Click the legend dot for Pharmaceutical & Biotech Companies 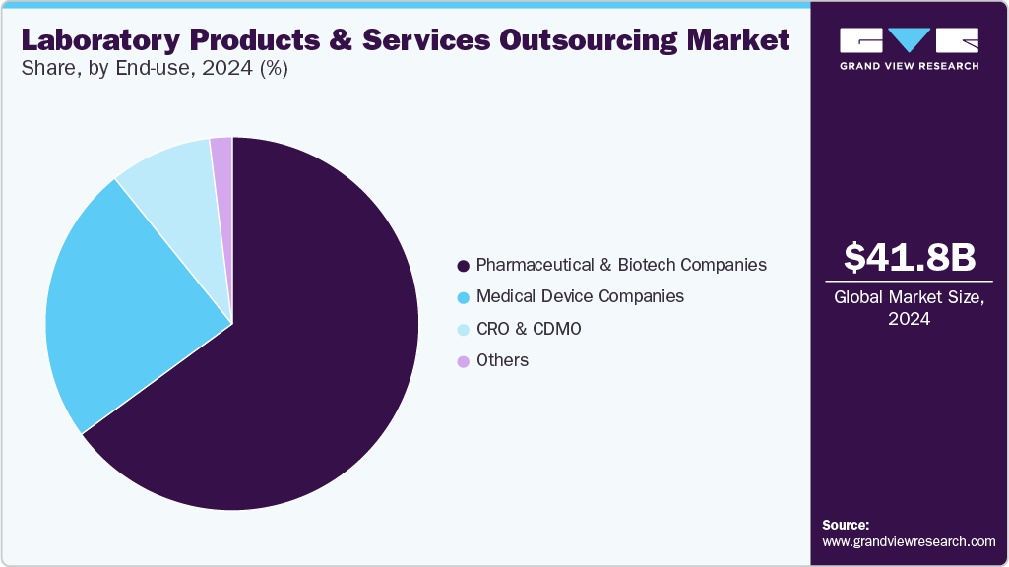[x=463, y=266]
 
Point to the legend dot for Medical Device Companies [x=463, y=297]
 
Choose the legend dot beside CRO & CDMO [x=463, y=330]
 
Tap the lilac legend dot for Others [x=463, y=361]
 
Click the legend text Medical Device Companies [x=579, y=296]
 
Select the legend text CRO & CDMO [x=529, y=329]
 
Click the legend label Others [x=502, y=360]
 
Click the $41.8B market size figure [x=909, y=257]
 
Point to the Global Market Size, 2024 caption [x=909, y=308]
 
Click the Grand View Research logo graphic [x=909, y=40]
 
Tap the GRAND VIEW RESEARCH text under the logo [x=909, y=66]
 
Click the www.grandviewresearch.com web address [x=909, y=541]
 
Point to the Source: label [x=846, y=525]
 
